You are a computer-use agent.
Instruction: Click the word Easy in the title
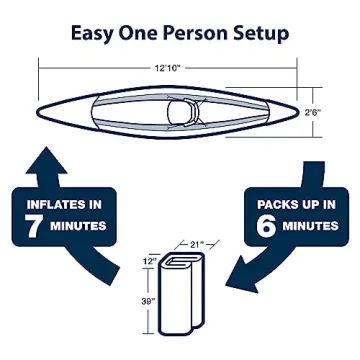tap(92, 34)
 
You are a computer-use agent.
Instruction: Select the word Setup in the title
tap(258, 34)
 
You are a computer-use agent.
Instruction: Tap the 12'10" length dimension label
tap(167, 68)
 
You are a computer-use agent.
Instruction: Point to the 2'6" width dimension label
tap(312, 112)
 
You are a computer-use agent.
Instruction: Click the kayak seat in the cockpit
tap(183, 112)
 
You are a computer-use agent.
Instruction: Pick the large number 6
tap(267, 226)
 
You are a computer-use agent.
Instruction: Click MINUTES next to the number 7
tap(78, 226)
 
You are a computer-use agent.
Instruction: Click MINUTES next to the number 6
tap(311, 226)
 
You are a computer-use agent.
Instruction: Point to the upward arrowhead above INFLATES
tap(47, 161)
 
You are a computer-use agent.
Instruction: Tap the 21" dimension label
tap(195, 245)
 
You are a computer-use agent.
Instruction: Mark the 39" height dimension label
tap(148, 302)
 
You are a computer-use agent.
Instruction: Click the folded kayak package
tap(181, 294)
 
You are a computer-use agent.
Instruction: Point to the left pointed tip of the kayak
tap(37, 112)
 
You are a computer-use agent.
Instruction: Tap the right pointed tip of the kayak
tap(296, 113)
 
